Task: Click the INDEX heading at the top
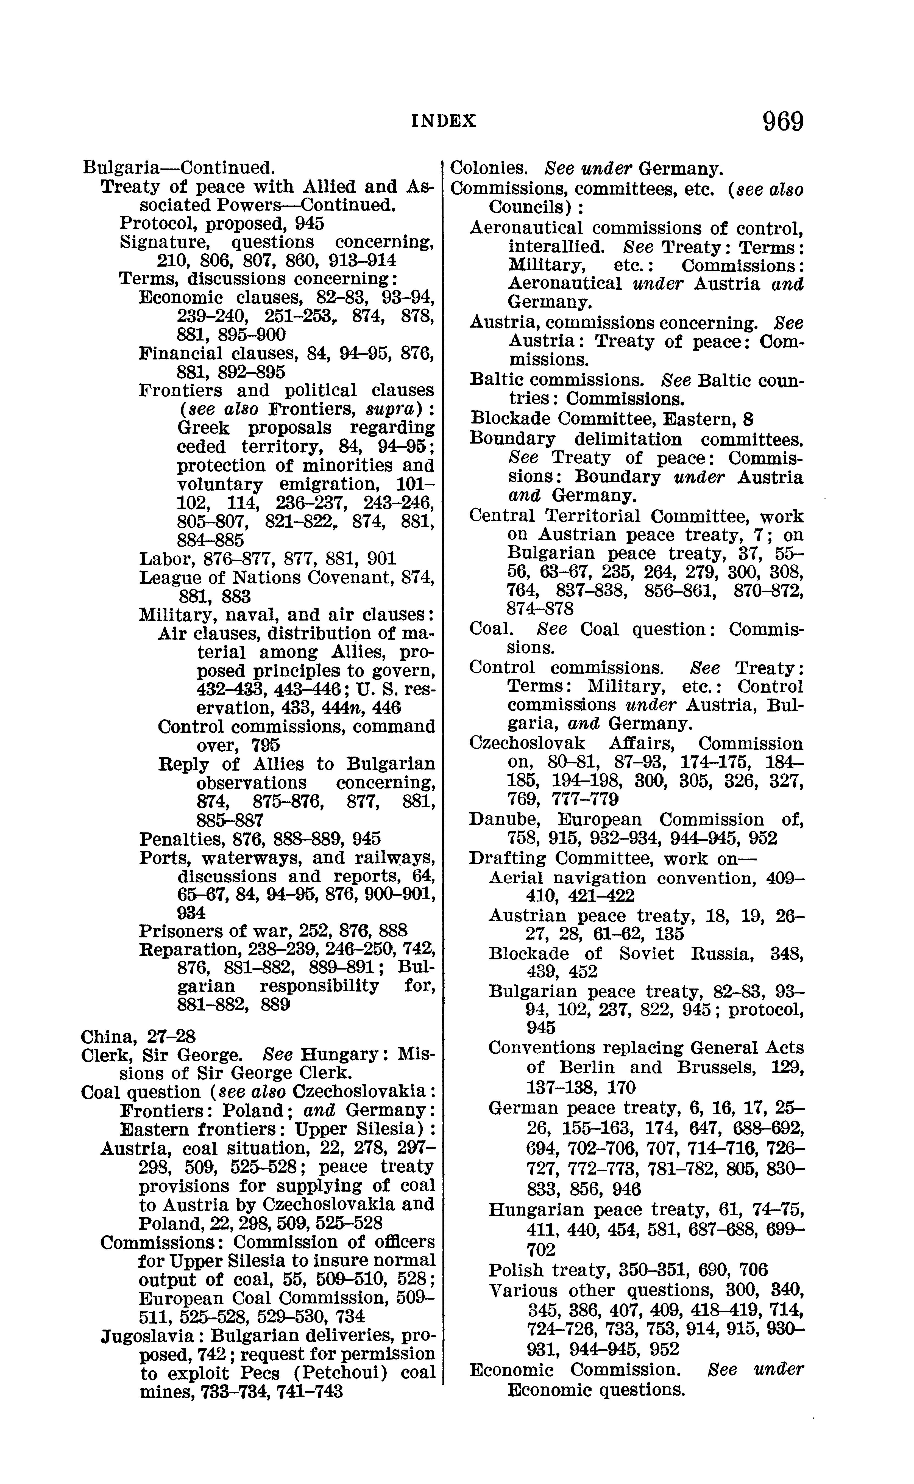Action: coord(444,121)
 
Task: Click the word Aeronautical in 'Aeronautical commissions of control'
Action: coord(526,229)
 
